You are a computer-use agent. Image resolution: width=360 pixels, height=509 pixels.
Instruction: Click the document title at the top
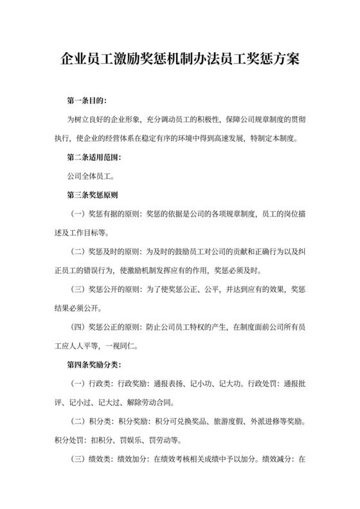click(x=180, y=62)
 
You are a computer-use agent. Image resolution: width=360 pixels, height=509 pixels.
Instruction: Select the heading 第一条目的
click(x=87, y=101)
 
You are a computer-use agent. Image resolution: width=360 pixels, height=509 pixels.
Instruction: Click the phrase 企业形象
click(x=129, y=120)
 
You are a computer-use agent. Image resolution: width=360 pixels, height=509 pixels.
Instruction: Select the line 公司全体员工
click(x=91, y=175)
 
